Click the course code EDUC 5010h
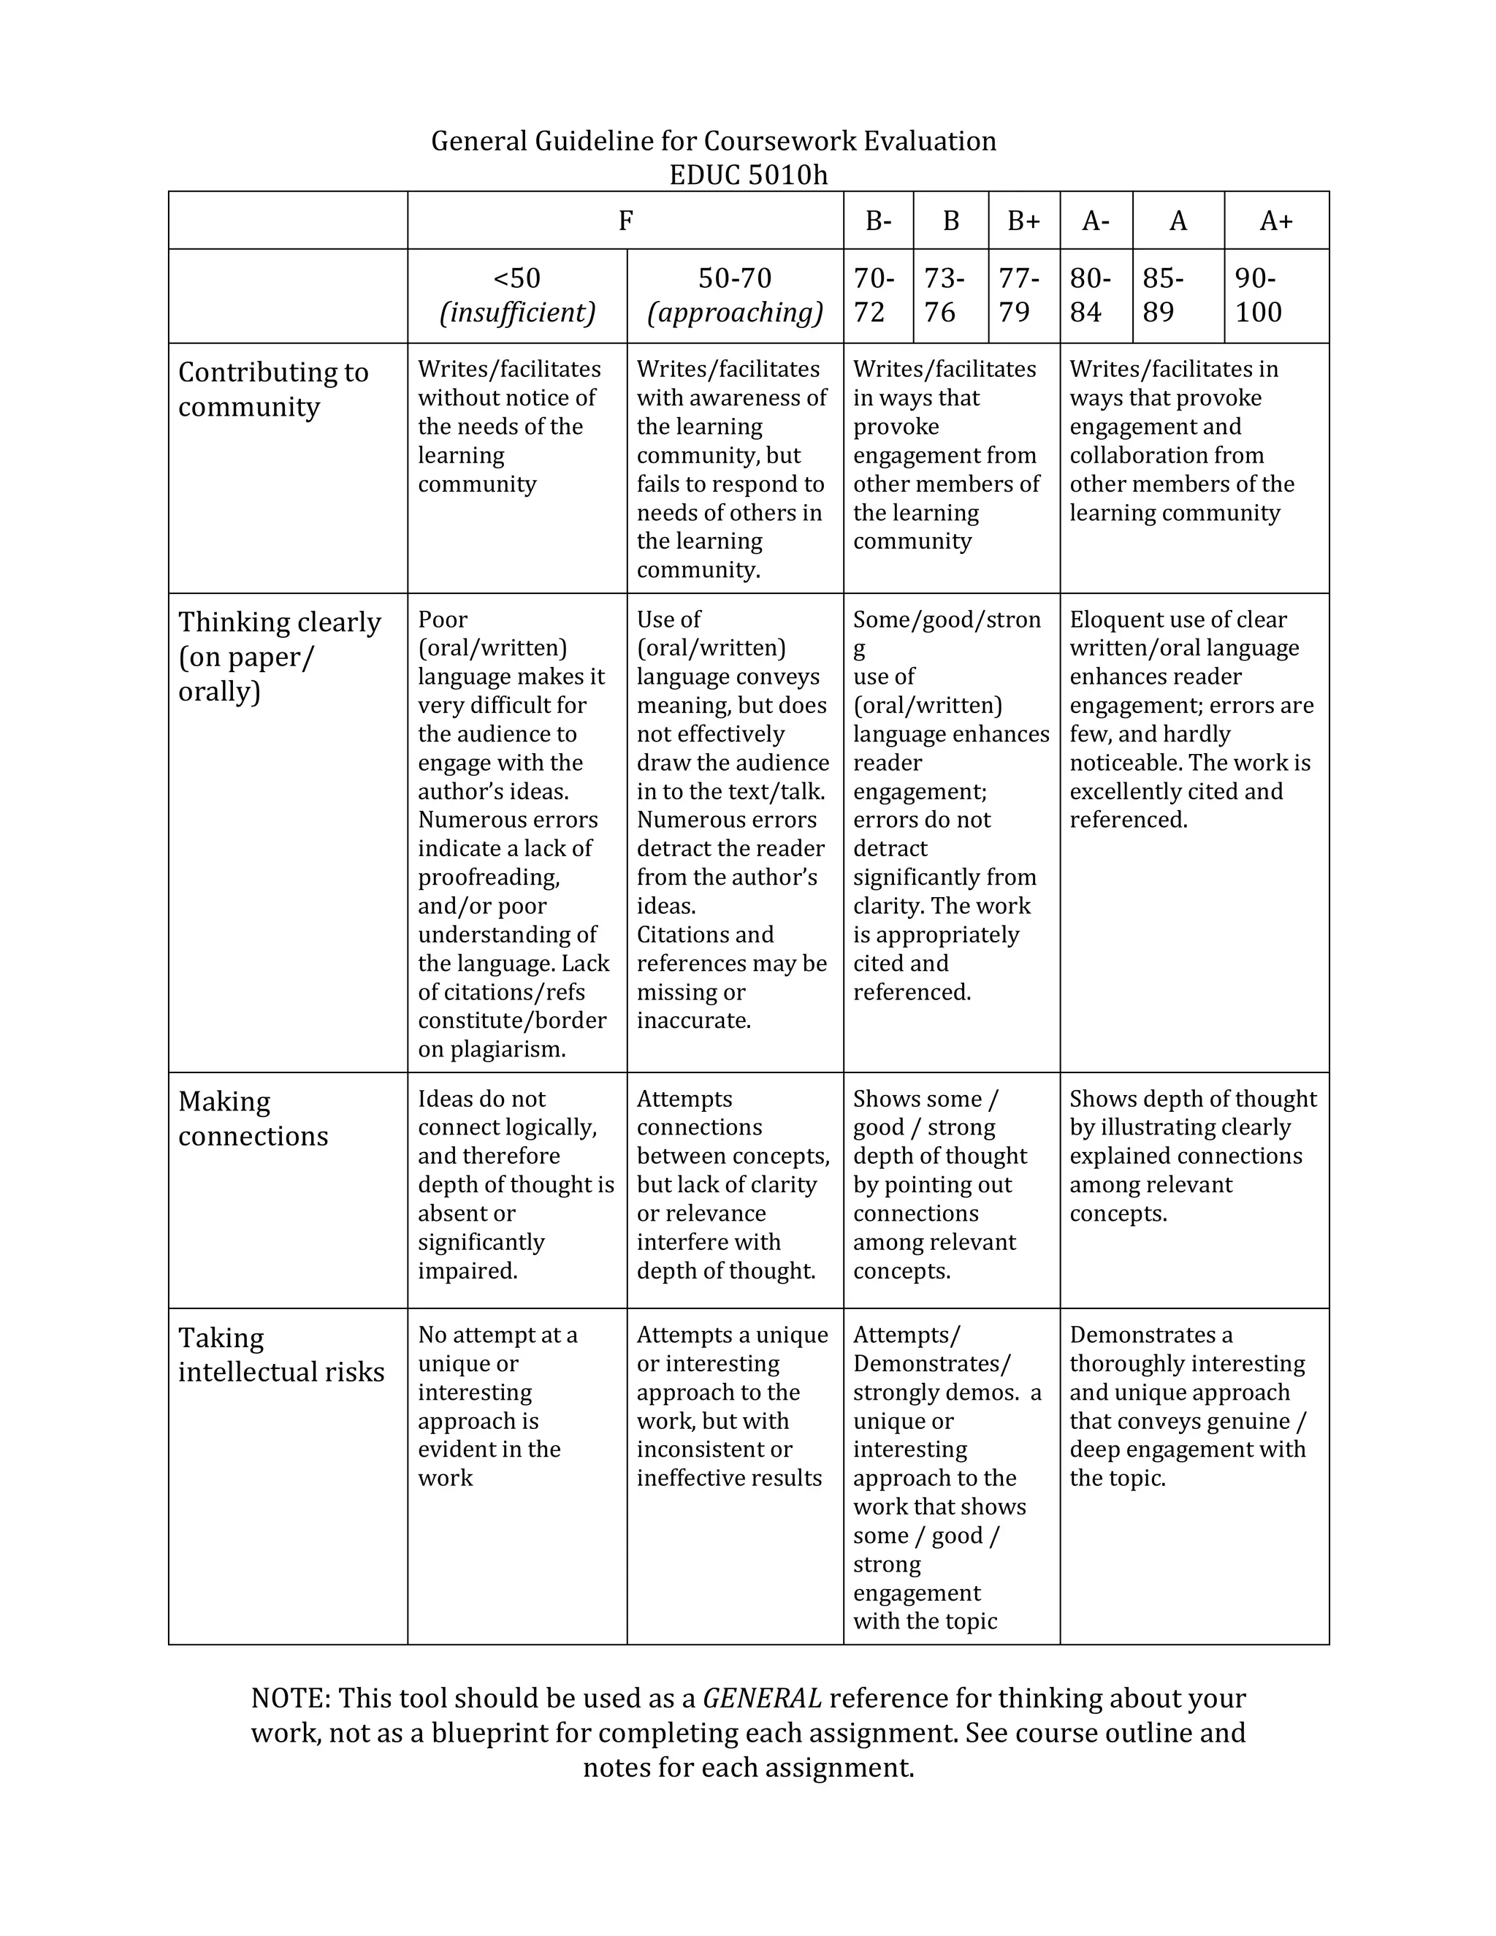pyautogui.click(x=748, y=175)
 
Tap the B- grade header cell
pyautogui.click(x=878, y=221)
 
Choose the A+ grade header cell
pyautogui.click(x=1276, y=221)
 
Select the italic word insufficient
pyautogui.click(x=518, y=313)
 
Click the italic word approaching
pyautogui.click(x=735, y=313)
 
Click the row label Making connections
pyautogui.click(x=253, y=1118)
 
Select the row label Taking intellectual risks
pyautogui.click(x=281, y=1354)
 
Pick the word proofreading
pyautogui.click(x=489, y=877)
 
